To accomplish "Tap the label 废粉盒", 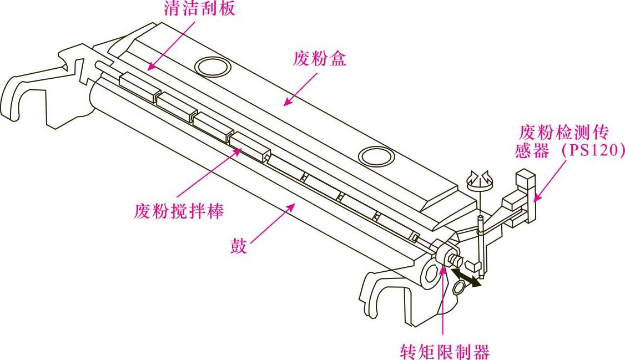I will [x=320, y=59].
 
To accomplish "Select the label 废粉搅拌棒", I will [x=179, y=211].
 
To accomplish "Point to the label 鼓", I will [x=239, y=246].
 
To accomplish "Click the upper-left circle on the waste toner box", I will [x=214, y=67].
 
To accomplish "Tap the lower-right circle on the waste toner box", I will [x=376, y=155].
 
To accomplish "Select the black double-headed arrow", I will [x=466, y=277].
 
